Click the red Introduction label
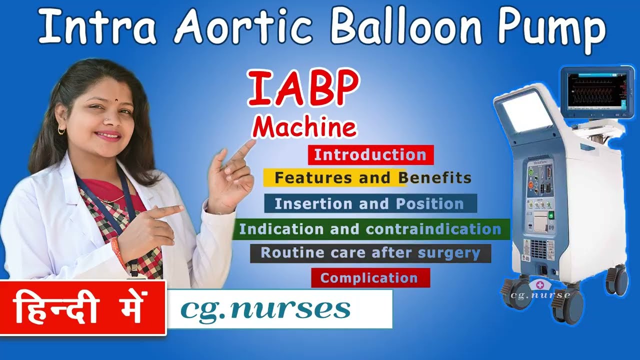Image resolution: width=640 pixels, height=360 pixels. tap(370, 155)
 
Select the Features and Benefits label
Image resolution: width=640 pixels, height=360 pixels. tap(372, 177)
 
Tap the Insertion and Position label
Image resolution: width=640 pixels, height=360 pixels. tap(370, 204)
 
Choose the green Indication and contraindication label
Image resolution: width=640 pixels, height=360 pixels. tap(370, 229)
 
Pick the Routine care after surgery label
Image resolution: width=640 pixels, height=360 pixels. tap(370, 253)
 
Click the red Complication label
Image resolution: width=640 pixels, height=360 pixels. tap(370, 278)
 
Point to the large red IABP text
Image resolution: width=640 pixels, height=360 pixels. tap(303, 89)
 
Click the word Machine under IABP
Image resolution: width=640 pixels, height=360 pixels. tap(304, 127)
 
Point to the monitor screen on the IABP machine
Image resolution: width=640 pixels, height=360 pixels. tap(593, 90)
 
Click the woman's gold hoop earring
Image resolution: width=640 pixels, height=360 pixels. tap(61, 131)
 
